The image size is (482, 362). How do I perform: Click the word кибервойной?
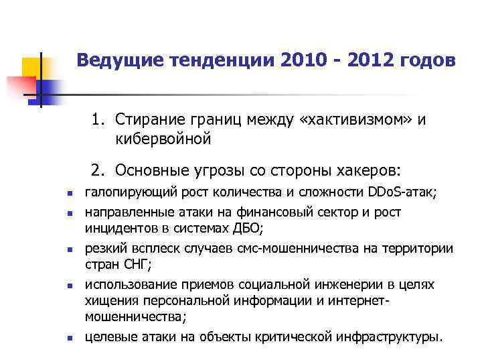pyautogui.click(x=163, y=139)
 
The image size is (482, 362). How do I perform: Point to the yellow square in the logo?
pyautogui.click(x=32, y=67)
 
